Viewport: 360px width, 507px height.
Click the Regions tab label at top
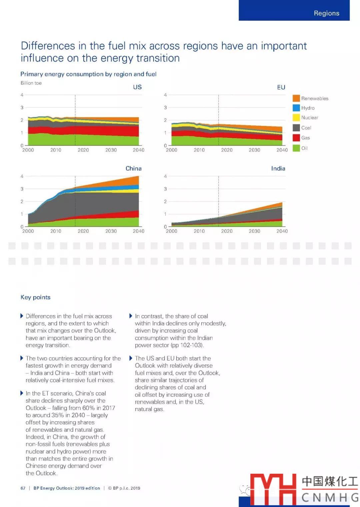click(326, 13)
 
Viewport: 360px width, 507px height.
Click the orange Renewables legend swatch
click(296, 98)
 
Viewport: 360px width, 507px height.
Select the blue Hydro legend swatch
click(296, 108)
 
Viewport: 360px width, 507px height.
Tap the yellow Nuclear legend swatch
click(296, 118)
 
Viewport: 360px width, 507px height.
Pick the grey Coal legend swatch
click(296, 128)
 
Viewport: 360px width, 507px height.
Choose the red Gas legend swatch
click(296, 138)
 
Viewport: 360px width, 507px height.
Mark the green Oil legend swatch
click(296, 148)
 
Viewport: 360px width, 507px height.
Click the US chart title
click(137, 87)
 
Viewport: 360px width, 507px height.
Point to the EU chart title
click(281, 87)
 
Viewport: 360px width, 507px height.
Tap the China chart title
click(133, 169)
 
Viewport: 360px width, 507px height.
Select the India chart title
click(278, 169)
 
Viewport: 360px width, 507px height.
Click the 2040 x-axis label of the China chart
click(138, 231)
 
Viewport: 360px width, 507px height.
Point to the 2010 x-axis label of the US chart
click(56, 150)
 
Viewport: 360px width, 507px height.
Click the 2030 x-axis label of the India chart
click(254, 231)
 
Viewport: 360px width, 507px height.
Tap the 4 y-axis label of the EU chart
click(165, 95)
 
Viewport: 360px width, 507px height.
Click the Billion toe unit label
click(31, 83)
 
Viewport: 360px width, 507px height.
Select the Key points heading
click(35, 297)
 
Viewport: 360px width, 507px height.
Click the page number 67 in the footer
click(23, 488)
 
